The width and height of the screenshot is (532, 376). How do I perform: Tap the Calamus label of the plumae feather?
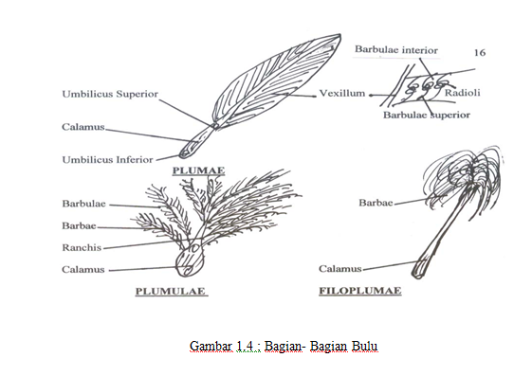point(84,127)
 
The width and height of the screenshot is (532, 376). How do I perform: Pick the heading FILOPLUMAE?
point(359,291)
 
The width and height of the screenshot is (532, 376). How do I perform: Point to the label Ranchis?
point(82,247)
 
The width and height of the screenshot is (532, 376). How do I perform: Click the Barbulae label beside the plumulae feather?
point(85,204)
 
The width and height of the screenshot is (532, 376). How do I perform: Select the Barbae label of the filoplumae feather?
point(376,202)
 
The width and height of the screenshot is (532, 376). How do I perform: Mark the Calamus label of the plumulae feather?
point(83,269)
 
